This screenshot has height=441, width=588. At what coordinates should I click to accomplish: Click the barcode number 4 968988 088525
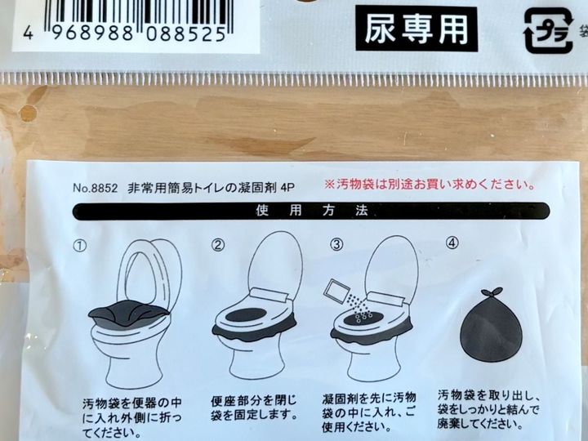pyautogui.click(x=122, y=33)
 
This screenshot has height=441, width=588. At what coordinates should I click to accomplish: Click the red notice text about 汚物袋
pyautogui.click(x=430, y=184)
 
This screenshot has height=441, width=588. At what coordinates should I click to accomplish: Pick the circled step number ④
pyautogui.click(x=453, y=243)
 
